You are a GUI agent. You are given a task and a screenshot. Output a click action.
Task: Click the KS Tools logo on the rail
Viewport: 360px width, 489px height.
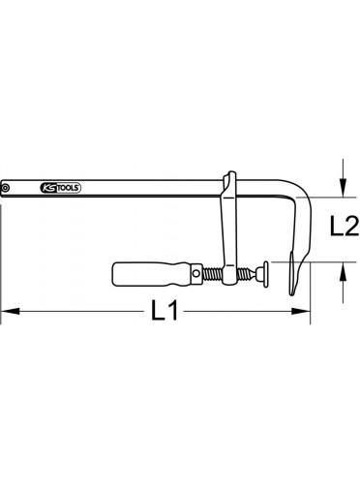(60, 188)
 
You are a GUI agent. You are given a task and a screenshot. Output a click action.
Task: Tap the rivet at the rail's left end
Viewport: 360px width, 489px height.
(5, 188)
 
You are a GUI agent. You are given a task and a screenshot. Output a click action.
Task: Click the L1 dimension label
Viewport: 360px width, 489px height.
(165, 311)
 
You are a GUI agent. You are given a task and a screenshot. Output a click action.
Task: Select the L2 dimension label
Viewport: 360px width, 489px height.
(344, 226)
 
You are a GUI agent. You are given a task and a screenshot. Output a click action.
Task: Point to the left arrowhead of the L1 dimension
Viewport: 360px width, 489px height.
(11, 311)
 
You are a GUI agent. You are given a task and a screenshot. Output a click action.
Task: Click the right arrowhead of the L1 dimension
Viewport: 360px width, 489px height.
(301, 311)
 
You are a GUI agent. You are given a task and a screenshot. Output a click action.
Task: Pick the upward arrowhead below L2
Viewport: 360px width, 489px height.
(344, 271)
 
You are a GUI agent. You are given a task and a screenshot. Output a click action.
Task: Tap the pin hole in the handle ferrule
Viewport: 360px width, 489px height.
(195, 274)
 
